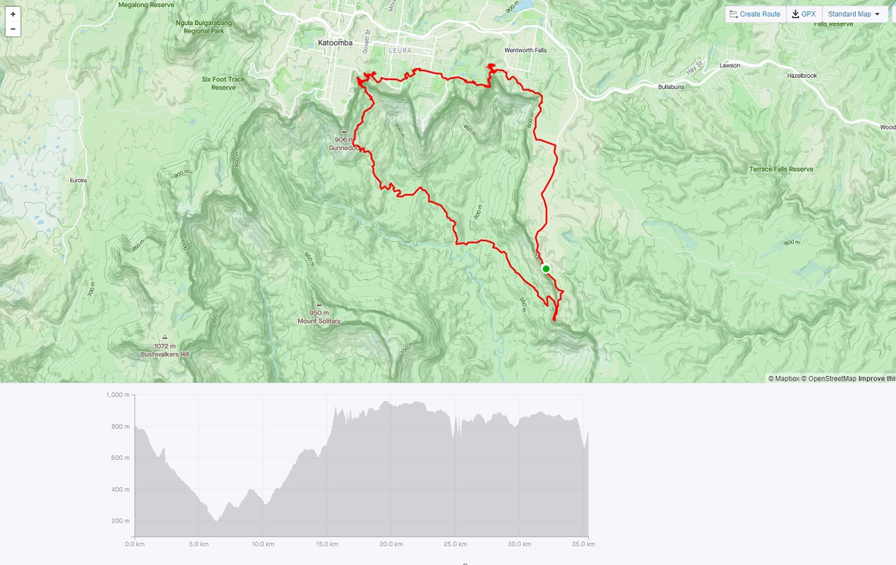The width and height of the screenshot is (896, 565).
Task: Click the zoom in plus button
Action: coord(13,14)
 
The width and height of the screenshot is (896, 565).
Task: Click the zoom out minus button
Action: coord(13,29)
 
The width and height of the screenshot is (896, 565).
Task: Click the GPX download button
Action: coord(804,14)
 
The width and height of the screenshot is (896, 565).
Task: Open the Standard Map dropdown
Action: coord(854,14)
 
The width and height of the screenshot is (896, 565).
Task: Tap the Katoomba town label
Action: coord(335,43)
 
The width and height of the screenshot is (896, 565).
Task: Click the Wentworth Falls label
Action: coord(525,50)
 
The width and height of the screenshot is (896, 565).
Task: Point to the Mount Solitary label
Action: coord(319,321)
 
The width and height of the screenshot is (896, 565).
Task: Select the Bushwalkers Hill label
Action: coord(165,354)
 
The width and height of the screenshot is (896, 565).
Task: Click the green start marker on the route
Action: coord(546,269)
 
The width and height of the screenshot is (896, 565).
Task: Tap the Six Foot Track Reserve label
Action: coord(224,83)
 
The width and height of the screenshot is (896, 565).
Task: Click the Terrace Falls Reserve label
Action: coord(781,169)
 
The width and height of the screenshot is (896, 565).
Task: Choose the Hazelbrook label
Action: coord(802,76)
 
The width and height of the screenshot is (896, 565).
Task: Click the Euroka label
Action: coord(79,180)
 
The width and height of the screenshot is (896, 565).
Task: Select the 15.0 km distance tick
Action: coord(327,544)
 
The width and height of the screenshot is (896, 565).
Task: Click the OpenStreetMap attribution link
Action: coord(829,378)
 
